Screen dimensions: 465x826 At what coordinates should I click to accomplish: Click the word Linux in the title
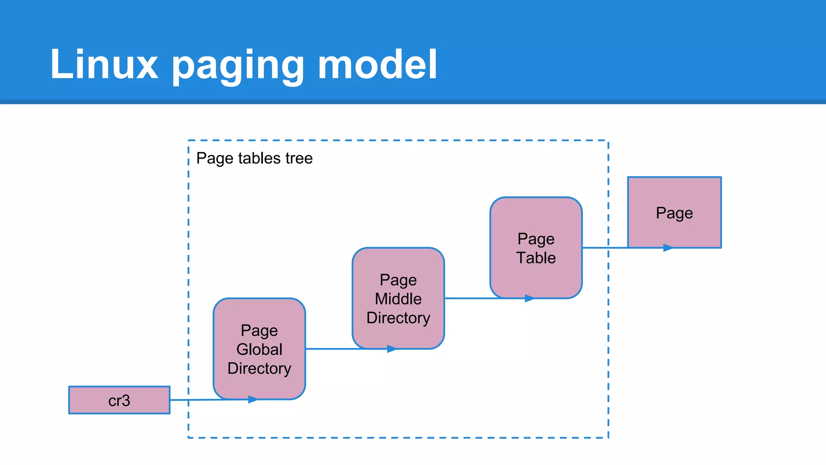point(104,65)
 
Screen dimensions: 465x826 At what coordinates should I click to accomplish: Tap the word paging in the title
point(238,66)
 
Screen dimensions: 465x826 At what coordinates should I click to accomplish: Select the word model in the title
point(377,65)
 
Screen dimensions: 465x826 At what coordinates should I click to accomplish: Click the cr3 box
point(119,400)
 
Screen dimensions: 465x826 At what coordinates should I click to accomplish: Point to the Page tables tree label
point(254,158)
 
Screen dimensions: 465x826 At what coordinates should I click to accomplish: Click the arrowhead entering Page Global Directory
point(253,400)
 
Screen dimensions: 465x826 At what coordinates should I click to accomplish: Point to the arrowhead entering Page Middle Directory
point(392,349)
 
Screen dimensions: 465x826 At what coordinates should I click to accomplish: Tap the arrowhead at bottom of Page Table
point(530,298)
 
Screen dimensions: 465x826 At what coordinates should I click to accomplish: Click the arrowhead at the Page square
point(668,248)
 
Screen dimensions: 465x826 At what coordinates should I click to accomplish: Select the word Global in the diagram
point(259,350)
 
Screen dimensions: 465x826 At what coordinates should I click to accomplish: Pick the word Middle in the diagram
point(398,299)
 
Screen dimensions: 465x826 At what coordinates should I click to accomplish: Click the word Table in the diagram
point(536,258)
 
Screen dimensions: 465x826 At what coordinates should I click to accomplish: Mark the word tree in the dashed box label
point(298,158)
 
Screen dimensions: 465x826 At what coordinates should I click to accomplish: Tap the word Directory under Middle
point(398,318)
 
